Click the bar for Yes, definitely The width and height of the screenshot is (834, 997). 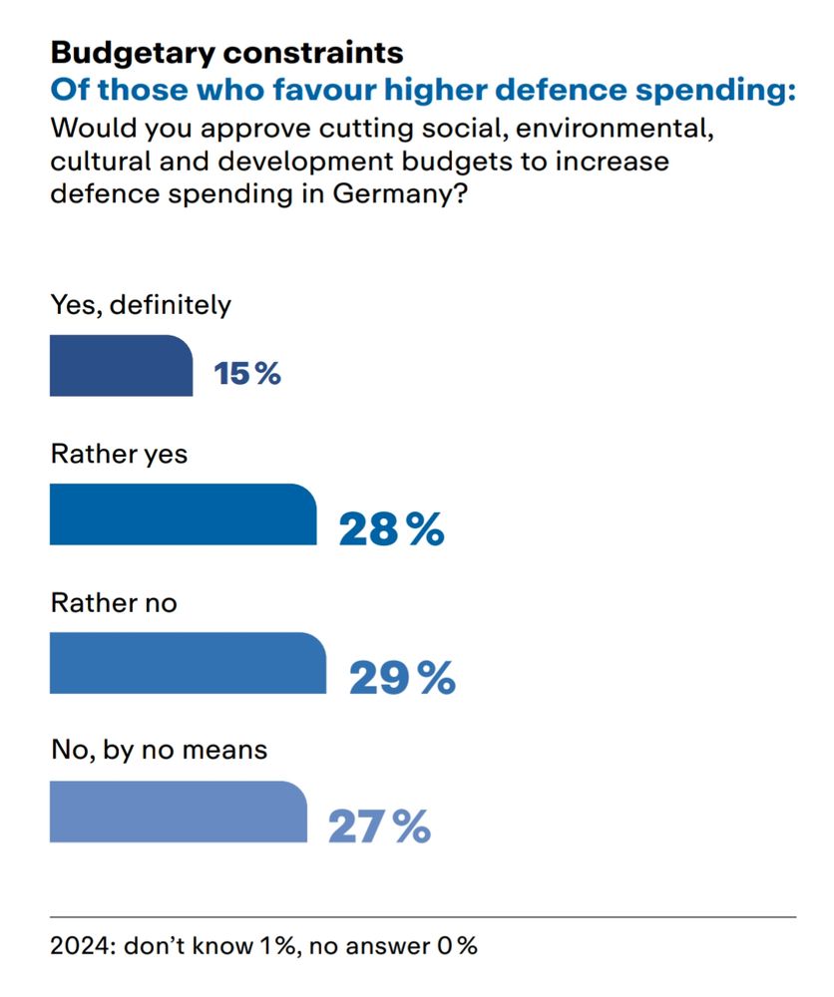[x=121, y=366]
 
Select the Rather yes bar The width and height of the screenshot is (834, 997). [x=183, y=514]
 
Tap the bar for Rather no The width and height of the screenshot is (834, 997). [x=188, y=663]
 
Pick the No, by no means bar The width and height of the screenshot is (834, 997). [x=178, y=812]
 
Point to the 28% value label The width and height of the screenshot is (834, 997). [x=391, y=529]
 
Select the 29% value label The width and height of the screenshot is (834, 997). [x=402, y=678]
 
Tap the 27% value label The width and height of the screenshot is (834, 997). [x=379, y=827]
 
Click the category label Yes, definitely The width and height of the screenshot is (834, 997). [x=141, y=305]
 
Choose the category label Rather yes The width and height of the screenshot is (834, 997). [x=119, y=455]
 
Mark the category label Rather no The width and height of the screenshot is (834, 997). [x=114, y=603]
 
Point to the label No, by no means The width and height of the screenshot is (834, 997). [x=159, y=749]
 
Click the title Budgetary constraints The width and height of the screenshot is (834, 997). [x=226, y=51]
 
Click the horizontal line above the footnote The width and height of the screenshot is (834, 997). [x=423, y=916]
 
